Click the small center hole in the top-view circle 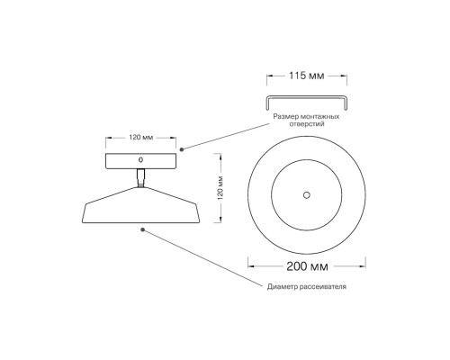click(x=306, y=193)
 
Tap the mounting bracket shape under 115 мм click(x=305, y=96)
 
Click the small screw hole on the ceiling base click(x=139, y=159)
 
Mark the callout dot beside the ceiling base click(x=182, y=148)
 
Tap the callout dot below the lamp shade click(x=142, y=229)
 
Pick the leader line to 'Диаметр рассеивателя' click(x=207, y=258)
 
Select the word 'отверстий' click(x=305, y=126)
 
